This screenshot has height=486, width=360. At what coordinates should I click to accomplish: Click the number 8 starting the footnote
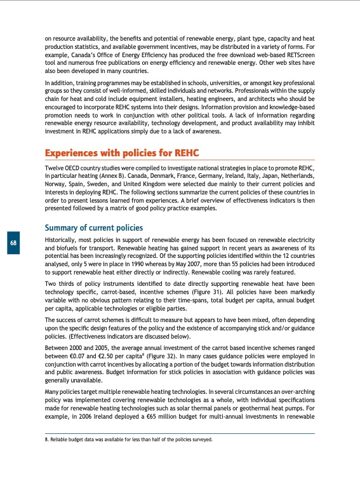[x=46, y=439]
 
